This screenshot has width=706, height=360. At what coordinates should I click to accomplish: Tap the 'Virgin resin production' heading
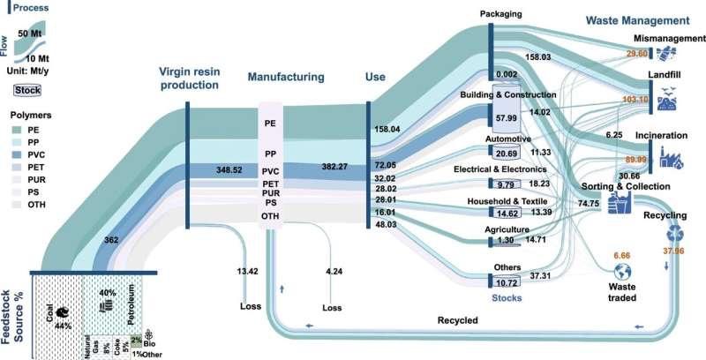tap(188, 79)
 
